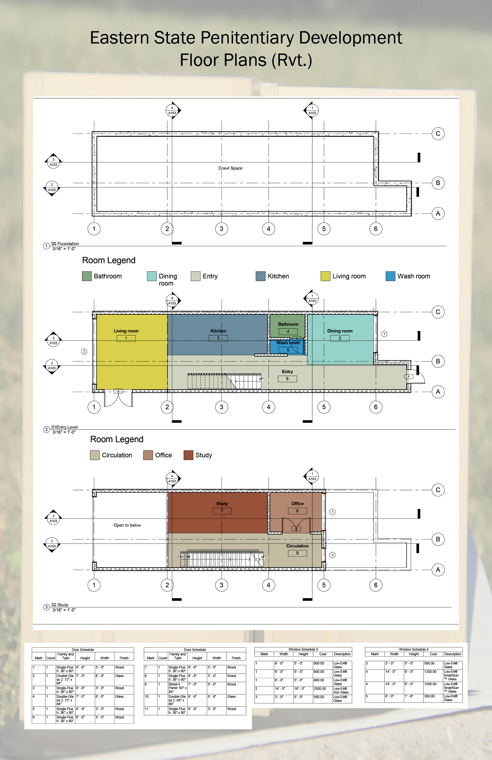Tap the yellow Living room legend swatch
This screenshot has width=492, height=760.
pos(325,276)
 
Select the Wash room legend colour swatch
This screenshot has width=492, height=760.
pos(390,276)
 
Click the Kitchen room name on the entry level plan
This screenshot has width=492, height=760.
pos(218,331)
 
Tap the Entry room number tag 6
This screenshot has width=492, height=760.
pos(287,379)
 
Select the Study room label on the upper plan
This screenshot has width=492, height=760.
pos(222,504)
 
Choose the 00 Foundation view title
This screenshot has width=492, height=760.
pos(65,244)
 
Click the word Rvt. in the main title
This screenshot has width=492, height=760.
pos(292,60)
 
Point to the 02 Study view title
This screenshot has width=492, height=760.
pos(60,605)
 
